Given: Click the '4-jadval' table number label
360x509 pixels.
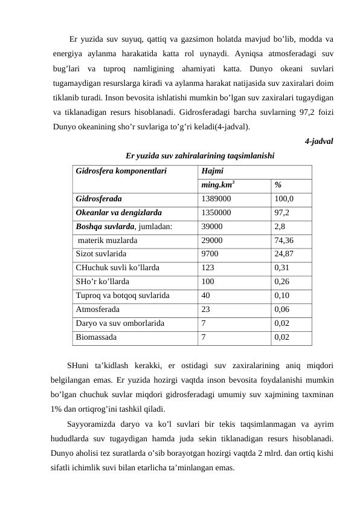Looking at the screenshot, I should [x=318, y=141].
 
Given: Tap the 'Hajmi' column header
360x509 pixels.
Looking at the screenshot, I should [x=212, y=170].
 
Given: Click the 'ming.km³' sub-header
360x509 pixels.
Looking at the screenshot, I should [x=219, y=184].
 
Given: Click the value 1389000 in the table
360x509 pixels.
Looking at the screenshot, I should [x=216, y=198].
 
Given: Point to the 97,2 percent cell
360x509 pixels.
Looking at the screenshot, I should [x=281, y=212].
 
